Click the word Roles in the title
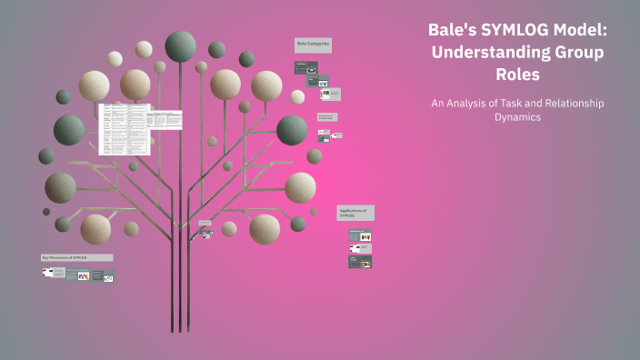pos(515,75)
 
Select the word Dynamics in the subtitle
pos(515,117)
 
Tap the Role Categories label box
pos(314,44)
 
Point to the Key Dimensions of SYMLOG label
pos(76,257)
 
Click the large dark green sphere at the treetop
pos(180,45)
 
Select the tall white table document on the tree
pos(124,128)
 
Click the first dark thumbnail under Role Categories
pos(304,67)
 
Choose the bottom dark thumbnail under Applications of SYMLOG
pos(360,262)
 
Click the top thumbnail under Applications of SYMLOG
pos(360,235)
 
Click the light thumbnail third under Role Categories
pos(330,94)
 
